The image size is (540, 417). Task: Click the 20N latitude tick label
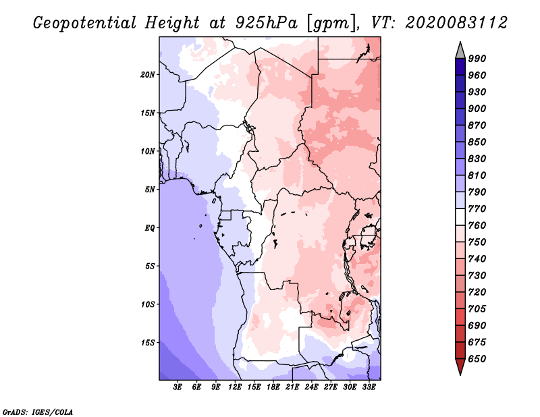148,74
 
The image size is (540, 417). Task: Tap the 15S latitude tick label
148,342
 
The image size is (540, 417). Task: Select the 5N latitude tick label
150,189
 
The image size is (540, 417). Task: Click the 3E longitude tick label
178,387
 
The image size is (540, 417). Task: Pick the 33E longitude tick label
369,387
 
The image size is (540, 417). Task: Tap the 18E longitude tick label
273,387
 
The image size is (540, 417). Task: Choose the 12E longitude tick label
235,387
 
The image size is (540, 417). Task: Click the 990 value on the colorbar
477,59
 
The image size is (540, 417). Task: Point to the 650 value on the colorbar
477,359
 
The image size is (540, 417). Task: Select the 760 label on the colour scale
477,225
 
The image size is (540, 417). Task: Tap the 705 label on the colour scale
477,309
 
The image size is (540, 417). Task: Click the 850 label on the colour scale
477,142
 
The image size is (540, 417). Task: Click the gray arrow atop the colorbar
460,49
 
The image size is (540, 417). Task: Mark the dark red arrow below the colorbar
460,367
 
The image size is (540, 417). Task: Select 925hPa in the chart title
263,23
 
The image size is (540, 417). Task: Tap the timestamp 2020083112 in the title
456,23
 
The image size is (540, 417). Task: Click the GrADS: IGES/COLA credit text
38,411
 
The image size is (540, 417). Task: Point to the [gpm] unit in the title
327,23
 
